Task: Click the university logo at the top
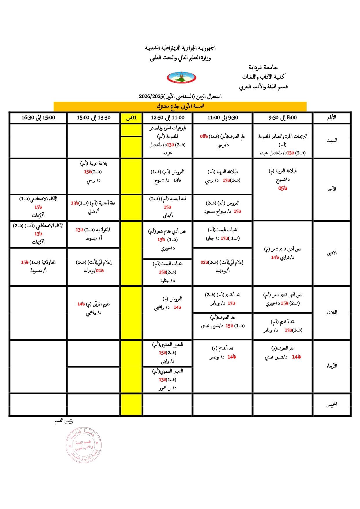coord(181,78)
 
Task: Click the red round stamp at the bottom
coord(84,445)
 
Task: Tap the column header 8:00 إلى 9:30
coord(282,118)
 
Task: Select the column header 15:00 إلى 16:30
coord(38,118)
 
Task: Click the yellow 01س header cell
coord(131,118)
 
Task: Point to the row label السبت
coord(332,141)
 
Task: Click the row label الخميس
coord(332,404)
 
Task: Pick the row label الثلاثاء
coord(332,312)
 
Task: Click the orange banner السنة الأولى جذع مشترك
coord(180,106)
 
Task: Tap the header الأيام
coord(332,118)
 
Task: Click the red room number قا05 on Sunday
coord(283,189)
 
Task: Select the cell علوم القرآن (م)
coord(93,308)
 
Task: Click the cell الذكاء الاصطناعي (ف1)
coord(38,207)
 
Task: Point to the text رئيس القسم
coord(64,421)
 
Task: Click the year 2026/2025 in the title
coord(151,97)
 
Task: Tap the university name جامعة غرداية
coord(263,68)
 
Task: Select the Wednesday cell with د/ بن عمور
coord(167,380)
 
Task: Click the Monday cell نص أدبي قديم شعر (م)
coord(283,253)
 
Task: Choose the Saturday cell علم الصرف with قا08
coord(222,141)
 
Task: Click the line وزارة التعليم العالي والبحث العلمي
coord(180,58)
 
